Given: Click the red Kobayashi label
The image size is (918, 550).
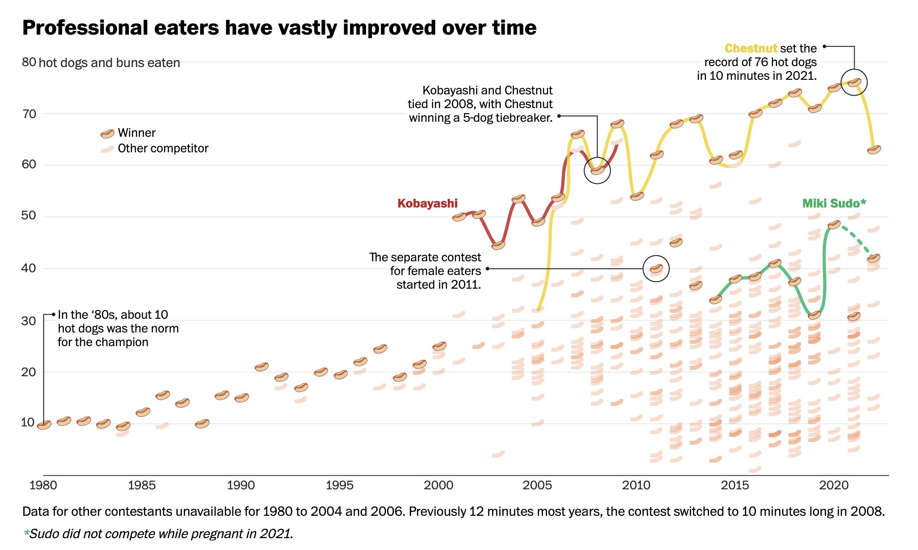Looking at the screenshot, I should coord(427,203).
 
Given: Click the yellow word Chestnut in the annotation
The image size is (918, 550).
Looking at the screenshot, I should coord(751,48).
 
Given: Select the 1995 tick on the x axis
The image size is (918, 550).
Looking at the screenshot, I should coord(340,485).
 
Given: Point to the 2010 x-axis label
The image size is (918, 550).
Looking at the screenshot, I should coord(636,485).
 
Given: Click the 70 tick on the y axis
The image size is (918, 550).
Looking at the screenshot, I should coord(29,114).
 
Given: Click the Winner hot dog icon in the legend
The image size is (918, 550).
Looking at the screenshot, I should coord(107,134).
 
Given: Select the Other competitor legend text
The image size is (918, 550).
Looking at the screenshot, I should coord(163,149).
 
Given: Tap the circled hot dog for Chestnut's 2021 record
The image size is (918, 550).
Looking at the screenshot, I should coord(854,83).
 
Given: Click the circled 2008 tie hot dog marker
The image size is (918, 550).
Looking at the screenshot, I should coord(597,171).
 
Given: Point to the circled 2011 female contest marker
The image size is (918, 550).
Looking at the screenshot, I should coord(656,269).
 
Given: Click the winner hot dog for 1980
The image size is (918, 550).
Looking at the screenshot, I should coord(44,425).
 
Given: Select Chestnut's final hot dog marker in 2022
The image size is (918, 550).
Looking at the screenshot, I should coord(874,150).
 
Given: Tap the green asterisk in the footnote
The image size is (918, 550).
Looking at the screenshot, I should coord(26,533).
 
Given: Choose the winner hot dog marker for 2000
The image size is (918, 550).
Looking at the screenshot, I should coord(439,346).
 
